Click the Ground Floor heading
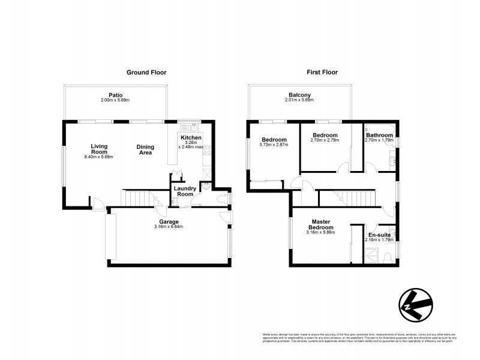click(146, 73)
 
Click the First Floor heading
click(322, 73)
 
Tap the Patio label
click(116, 95)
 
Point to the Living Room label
click(99, 149)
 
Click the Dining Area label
click(145, 149)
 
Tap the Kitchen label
click(191, 138)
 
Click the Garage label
click(168, 221)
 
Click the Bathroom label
click(379, 136)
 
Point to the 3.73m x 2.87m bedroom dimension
click(274, 145)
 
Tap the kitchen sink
click(193, 128)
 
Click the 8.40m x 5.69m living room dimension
click(99, 157)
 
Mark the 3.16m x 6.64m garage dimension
click(168, 227)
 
